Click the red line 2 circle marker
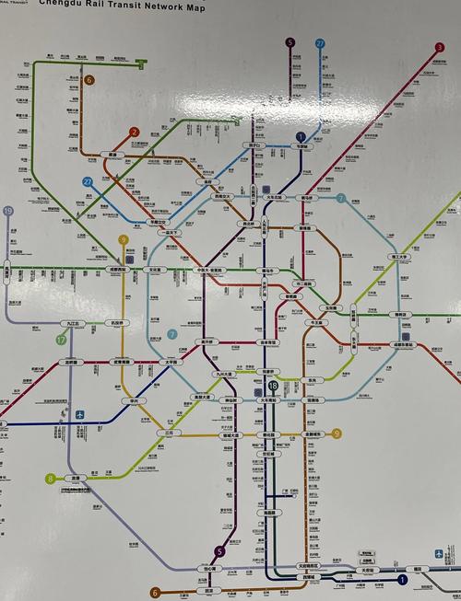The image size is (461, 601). pos(135,133)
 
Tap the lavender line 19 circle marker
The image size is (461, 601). pos(8,212)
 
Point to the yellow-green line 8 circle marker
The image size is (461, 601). pos(50,479)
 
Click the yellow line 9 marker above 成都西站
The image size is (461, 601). pos(124,240)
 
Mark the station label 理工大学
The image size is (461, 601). pos(400,259)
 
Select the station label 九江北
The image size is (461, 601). pos(71,324)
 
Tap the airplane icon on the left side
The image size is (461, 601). pos(80,414)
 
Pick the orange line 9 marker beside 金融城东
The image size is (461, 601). pos(337,433)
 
